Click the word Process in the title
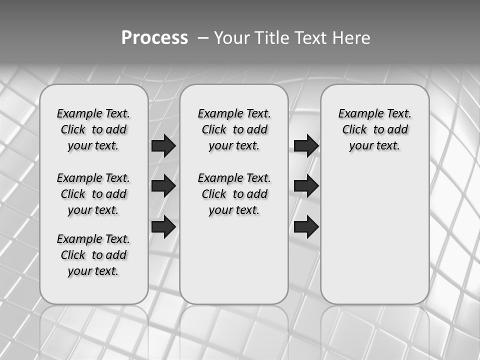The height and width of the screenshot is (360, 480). (154, 38)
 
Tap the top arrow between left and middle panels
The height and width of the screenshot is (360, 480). (163, 145)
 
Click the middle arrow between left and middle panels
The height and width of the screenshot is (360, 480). (163, 186)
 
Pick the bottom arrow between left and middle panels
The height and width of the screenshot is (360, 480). (163, 226)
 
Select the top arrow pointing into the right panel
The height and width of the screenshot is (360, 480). (306, 145)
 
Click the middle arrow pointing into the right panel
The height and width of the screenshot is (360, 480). (306, 186)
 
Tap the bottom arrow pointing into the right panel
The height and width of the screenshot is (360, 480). (306, 226)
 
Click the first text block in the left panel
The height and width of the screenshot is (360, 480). (93, 129)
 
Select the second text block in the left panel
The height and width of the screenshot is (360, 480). (93, 194)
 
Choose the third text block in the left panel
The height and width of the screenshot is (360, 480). (93, 255)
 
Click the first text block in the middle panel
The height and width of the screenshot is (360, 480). (234, 129)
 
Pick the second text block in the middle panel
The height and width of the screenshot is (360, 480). (234, 194)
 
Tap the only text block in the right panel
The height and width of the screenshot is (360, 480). (374, 129)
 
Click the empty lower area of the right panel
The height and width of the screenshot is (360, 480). (374, 235)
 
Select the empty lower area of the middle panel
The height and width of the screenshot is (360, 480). (234, 260)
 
